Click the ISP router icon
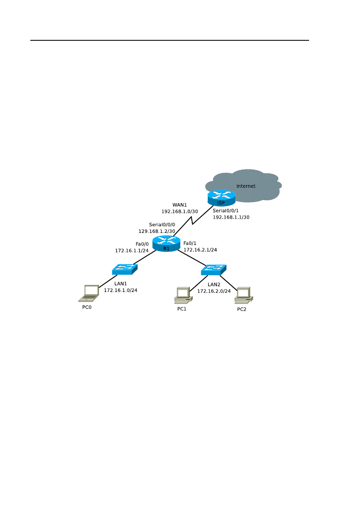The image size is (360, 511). pyautogui.click(x=222, y=197)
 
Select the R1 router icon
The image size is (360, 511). pyautogui.click(x=166, y=243)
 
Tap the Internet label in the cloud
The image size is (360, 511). pyautogui.click(x=246, y=186)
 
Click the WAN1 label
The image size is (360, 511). pyautogui.click(x=179, y=205)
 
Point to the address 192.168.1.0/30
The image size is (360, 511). pyautogui.click(x=179, y=211)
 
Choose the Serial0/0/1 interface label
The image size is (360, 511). pyautogui.click(x=225, y=211)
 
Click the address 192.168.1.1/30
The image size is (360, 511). pyautogui.click(x=231, y=217)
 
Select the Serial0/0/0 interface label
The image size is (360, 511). pyautogui.click(x=162, y=224)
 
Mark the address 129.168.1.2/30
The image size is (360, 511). pyautogui.click(x=157, y=231)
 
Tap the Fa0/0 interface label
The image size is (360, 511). pyautogui.click(x=142, y=243)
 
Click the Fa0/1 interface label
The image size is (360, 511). pyautogui.click(x=190, y=243)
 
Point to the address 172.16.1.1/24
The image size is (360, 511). pyautogui.click(x=132, y=250)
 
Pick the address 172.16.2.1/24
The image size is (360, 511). pyautogui.click(x=200, y=250)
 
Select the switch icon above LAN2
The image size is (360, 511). pyautogui.click(x=213, y=269)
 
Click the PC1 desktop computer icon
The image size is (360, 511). pyautogui.click(x=183, y=295)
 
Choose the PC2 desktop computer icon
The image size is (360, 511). pyautogui.click(x=243, y=295)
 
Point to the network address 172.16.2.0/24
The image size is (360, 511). pyautogui.click(x=214, y=291)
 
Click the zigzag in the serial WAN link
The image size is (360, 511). pyautogui.click(x=193, y=220)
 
